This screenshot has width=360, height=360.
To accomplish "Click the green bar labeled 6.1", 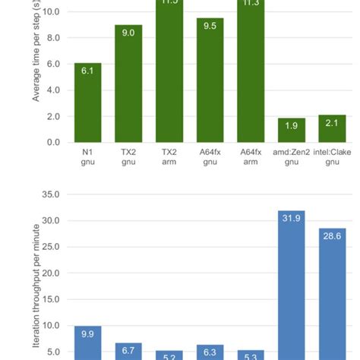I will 87,103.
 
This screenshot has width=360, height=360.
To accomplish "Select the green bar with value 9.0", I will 128,84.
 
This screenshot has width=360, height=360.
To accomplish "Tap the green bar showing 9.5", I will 210,81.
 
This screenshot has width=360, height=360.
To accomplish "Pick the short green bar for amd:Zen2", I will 292,130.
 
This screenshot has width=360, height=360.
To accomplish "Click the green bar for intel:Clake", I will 333,128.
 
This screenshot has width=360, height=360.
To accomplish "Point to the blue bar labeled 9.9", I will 87,343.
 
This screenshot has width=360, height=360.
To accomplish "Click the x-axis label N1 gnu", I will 87,156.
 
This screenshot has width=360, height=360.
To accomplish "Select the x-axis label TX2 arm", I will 169,156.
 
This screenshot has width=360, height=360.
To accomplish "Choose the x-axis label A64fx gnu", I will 210,156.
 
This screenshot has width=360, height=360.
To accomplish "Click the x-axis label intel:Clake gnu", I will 333,156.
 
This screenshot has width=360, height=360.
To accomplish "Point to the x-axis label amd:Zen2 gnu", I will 292,156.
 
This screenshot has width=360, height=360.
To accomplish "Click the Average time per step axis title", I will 36,61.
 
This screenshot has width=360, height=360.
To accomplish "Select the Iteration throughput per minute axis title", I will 36,289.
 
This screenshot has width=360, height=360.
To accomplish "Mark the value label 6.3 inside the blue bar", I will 210,352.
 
